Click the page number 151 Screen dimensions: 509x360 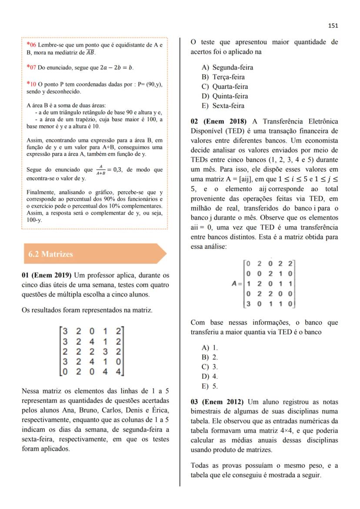tap(333, 26)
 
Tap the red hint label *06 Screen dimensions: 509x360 tap(31, 45)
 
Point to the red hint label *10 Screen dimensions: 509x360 tap(31, 84)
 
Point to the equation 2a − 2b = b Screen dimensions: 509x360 tap(117, 68)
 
